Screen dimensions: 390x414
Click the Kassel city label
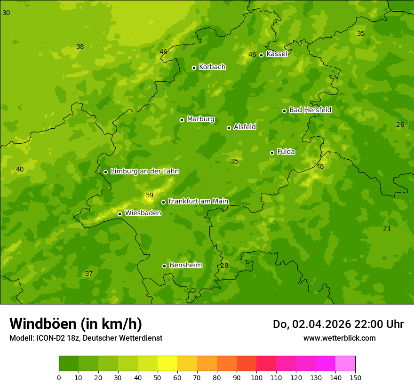(277, 54)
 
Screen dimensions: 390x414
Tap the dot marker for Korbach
(194, 68)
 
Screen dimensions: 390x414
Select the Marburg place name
(200, 119)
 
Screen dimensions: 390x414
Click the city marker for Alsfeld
(229, 128)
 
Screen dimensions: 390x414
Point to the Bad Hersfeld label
(310, 110)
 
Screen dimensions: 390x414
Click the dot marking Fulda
(272, 153)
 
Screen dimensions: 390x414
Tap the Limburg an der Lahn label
(144, 172)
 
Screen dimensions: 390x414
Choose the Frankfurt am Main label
(198, 202)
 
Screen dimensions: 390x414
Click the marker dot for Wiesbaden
(119, 214)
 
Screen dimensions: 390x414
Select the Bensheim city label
(185, 265)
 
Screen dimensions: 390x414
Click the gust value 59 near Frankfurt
(150, 195)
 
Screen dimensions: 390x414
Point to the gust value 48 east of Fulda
(320, 166)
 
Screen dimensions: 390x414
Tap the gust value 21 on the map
(387, 229)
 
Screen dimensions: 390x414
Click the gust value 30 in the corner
(6, 13)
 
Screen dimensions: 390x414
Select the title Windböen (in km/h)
(76, 324)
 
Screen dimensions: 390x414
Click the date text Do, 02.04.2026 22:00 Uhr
(338, 324)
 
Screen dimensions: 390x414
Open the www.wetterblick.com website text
(339, 338)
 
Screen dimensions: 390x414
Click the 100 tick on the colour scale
(256, 377)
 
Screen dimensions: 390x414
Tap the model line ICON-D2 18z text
(86, 338)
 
